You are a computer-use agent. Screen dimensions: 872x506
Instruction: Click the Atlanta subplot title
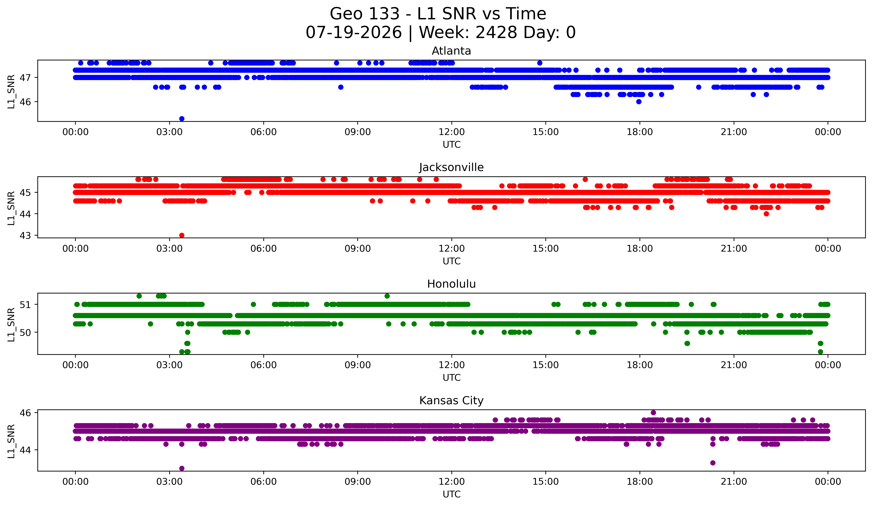[x=451, y=51]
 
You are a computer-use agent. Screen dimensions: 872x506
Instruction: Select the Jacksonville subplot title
[x=451, y=167]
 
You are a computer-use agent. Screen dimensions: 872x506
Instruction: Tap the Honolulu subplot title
[x=451, y=284]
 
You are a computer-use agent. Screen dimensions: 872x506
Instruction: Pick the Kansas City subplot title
[x=451, y=401]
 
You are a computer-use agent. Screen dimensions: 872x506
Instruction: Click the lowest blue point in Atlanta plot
[x=182, y=119]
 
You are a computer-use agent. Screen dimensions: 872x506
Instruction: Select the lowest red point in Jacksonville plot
[x=182, y=235]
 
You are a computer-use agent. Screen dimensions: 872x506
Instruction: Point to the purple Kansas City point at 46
[x=653, y=413]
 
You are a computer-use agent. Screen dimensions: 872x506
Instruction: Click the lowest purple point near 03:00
[x=182, y=468]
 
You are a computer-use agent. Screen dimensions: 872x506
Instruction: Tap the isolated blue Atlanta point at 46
[x=639, y=102]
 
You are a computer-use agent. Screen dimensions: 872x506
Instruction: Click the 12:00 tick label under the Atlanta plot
[x=452, y=132]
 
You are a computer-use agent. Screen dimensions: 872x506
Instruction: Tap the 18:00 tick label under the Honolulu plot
[x=640, y=365]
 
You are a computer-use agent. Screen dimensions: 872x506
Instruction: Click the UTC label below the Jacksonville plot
[x=452, y=261]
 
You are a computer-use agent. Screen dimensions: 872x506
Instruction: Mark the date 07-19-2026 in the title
[x=354, y=33]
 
